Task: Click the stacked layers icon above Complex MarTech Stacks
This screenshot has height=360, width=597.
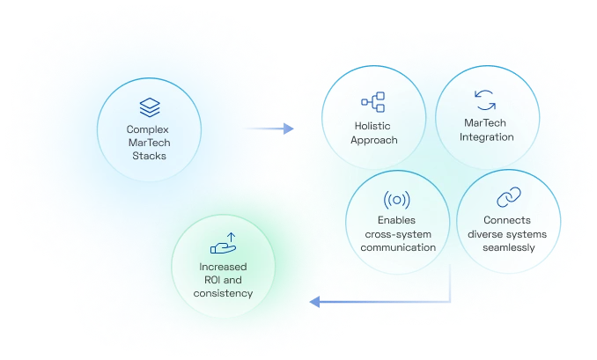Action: coord(148,107)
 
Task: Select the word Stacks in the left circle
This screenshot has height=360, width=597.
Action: coord(148,156)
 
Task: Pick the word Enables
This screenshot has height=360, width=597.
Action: coord(397,220)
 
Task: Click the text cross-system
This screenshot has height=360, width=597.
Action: coord(397,234)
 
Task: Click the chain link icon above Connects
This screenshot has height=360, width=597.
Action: coord(509,198)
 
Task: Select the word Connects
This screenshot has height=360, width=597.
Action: coord(509,220)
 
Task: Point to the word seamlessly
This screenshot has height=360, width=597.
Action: coord(509,247)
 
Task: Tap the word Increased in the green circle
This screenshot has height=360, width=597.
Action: coord(222,266)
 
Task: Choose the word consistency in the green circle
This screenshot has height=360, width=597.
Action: coord(222,292)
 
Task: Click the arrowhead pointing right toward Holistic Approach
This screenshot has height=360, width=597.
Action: coord(289,129)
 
